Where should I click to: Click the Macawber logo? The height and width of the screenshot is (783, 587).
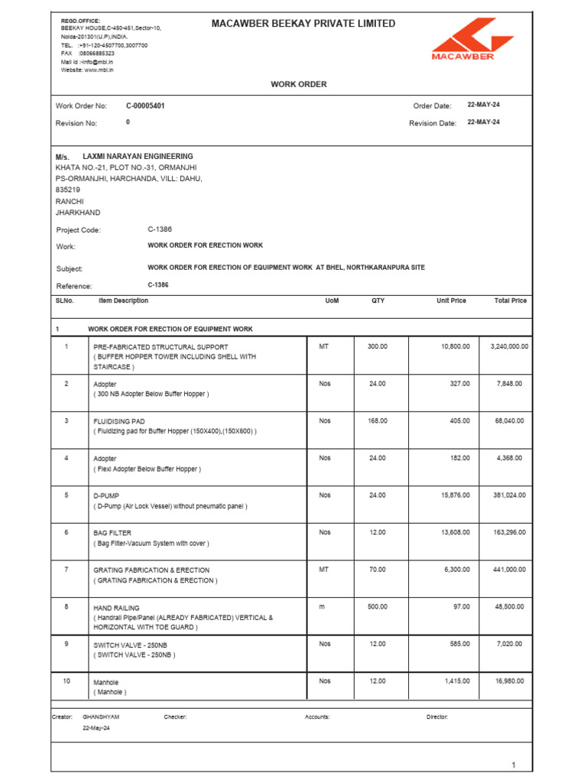462,40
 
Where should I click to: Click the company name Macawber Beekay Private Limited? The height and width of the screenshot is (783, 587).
303,24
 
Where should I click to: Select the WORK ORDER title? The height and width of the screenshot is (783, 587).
298,84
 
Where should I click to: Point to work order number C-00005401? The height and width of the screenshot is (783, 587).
145,106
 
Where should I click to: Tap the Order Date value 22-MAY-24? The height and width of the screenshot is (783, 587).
484,106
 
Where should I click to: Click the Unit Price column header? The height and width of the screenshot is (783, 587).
451,301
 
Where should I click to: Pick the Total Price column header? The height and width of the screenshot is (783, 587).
510,301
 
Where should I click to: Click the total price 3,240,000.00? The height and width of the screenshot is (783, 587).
509,346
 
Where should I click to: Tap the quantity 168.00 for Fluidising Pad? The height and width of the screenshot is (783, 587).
378,421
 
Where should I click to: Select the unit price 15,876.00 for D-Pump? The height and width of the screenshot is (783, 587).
455,495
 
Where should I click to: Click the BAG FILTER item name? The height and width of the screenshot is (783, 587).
112,532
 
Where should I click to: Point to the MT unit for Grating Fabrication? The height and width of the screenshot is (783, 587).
324,570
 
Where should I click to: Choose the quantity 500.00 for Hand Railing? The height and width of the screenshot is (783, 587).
378,607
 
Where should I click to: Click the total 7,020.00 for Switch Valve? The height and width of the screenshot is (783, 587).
509,644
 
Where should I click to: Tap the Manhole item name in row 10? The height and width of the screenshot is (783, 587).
106,682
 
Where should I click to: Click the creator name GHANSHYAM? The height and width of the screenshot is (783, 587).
101,717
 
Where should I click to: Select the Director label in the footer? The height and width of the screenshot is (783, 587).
436,717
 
